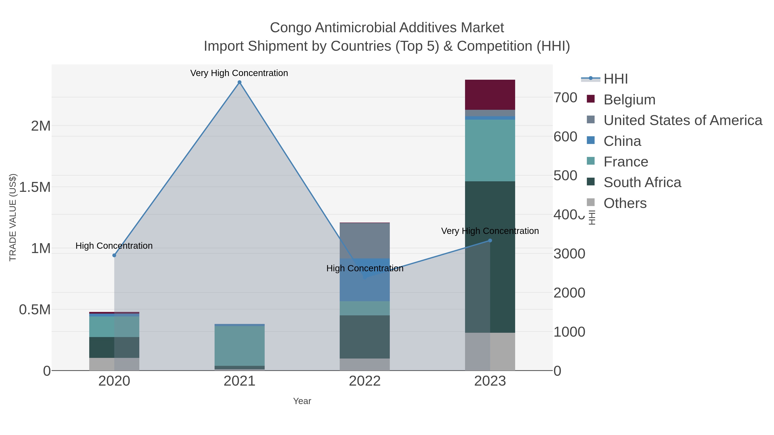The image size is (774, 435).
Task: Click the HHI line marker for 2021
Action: coord(240,82)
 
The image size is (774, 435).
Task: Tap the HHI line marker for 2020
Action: coord(114,255)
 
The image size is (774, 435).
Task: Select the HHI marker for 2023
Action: coord(490,240)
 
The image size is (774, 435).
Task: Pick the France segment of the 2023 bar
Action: coord(490,150)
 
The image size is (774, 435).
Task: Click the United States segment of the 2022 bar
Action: coord(365,240)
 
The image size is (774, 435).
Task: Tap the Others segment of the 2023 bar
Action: coord(490,351)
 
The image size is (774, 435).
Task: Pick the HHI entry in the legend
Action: coord(615,79)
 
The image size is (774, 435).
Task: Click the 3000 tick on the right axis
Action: coord(569,254)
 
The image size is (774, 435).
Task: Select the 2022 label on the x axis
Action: coord(365,381)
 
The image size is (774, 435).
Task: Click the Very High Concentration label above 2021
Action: coord(239,73)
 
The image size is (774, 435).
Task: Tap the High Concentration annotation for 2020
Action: coord(114,246)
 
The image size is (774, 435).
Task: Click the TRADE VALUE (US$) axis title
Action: coord(13,217)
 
